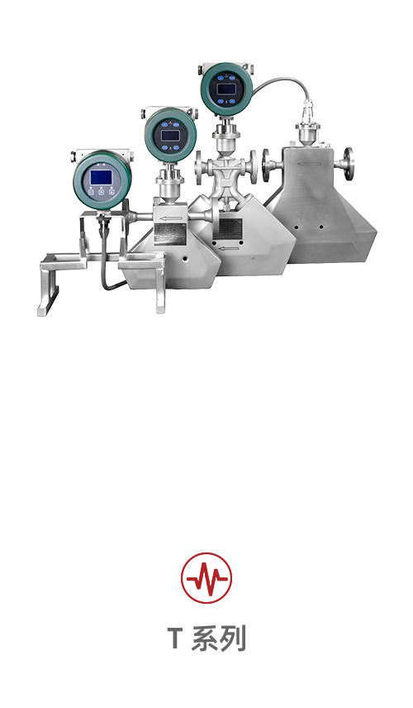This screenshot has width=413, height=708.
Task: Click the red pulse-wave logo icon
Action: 206,578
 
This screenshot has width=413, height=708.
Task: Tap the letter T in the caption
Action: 175,639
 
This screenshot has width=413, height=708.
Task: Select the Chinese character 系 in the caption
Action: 204,639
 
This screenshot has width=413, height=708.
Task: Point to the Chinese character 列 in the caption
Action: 233,639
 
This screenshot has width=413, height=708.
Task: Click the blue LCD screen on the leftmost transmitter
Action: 101,178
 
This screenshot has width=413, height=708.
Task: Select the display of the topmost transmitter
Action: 225,89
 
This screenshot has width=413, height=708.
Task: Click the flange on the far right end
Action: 349,164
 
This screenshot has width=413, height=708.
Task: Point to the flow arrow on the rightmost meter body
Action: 310,164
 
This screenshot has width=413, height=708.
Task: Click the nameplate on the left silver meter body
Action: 169,232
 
